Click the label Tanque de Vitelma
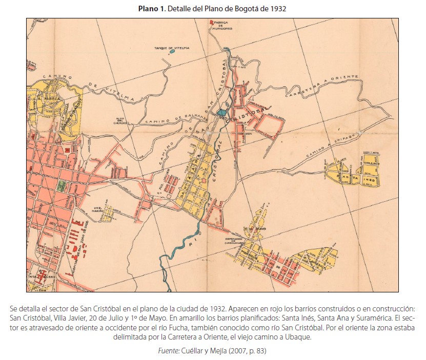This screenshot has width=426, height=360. (x=172, y=48)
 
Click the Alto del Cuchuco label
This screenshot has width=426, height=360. (x=121, y=121)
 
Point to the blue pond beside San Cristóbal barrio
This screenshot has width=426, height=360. (x=221, y=112)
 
